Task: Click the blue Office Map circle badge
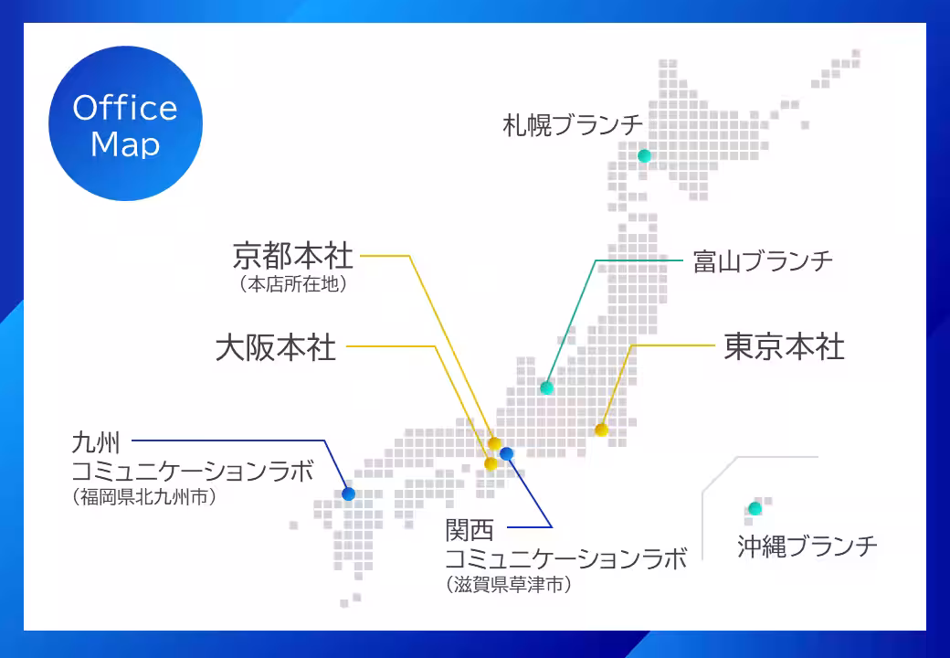(125, 123)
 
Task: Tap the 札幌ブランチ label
(573, 125)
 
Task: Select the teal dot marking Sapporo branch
(644, 155)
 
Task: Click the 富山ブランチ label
(763, 261)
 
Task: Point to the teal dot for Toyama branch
(546, 387)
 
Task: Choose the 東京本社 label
(784, 346)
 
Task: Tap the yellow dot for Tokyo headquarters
(601, 430)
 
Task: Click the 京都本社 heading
(292, 256)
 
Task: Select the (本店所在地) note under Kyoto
(293, 284)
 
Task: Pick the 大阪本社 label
(276, 348)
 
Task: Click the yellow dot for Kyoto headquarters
(494, 443)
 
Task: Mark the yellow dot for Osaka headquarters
(491, 464)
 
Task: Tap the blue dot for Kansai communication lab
(506, 453)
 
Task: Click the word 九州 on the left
(96, 442)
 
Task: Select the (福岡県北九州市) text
(144, 497)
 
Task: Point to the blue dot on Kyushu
(348, 493)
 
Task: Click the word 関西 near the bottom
(470, 530)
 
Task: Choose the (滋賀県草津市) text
(508, 585)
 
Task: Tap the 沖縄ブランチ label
(807, 546)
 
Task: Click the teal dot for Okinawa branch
(755, 508)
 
